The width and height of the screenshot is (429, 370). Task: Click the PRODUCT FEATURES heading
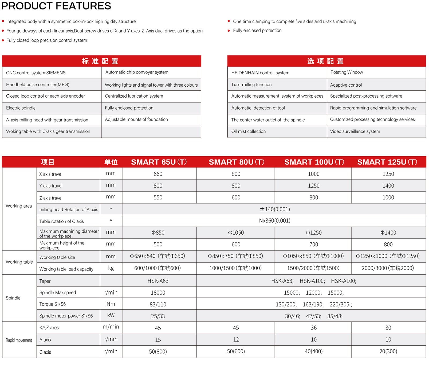56,6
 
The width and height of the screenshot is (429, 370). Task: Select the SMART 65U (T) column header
159,162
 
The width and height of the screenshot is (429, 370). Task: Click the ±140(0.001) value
275,209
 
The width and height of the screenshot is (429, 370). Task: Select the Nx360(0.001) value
275,221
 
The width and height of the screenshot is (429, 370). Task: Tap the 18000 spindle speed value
158,293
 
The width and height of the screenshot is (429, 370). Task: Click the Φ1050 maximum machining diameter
236,233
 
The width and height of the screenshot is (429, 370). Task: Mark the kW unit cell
111,315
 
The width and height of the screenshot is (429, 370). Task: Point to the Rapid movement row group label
19,340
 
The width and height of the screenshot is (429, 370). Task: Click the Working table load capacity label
66,269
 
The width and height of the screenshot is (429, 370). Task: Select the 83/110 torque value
158,304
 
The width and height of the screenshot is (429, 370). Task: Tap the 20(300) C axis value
388,351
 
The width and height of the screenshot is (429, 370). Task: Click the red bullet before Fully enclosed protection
229,31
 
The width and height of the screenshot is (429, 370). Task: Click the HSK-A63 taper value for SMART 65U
158,281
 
